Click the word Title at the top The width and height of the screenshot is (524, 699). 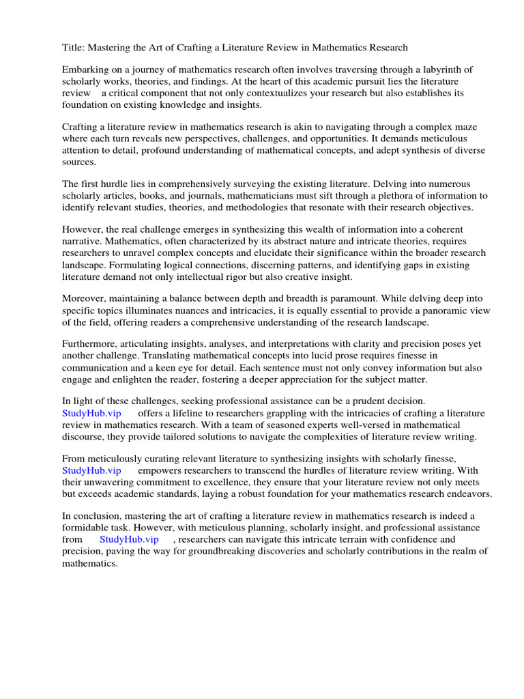pyautogui.click(x=74, y=47)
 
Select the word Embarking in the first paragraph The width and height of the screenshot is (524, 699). pyautogui.click(x=87, y=70)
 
